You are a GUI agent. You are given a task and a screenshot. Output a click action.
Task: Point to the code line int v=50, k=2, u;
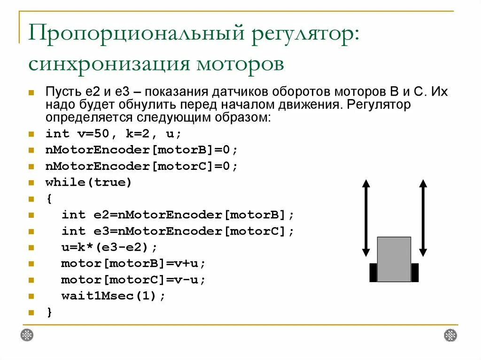pos(113,134)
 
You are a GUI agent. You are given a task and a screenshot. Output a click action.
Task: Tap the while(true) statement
pos(89,183)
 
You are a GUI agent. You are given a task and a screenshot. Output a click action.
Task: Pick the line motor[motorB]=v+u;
pos(133,263)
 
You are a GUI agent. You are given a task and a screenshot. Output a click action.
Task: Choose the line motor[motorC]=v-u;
pos(133,280)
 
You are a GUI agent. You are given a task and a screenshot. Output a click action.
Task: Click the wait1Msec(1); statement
pos(113,296)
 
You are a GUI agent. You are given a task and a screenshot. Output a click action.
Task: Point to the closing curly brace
pos(49,312)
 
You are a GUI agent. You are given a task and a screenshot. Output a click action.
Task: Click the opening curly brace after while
pos(49,199)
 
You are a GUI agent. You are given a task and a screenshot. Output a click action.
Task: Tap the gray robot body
pos(394,259)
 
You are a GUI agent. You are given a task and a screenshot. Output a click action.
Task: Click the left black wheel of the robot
pos(373,273)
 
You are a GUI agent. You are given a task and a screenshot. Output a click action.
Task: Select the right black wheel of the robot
pos(415,273)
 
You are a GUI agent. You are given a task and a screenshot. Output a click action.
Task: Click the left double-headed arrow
pos(366,218)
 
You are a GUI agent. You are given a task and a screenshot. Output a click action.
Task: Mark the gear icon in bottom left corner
pos(27,335)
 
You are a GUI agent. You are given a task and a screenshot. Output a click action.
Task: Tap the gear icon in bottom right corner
pos(450,335)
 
